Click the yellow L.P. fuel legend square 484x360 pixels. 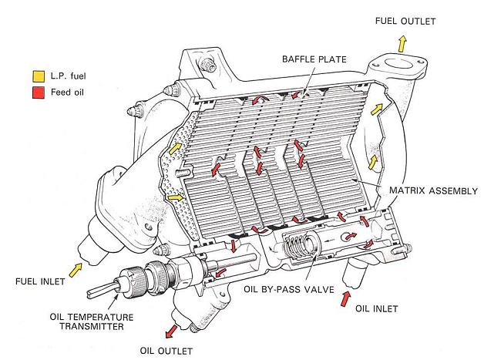click(38, 76)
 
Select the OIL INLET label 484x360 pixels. click(377, 309)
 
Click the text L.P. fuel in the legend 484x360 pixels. click(67, 76)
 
